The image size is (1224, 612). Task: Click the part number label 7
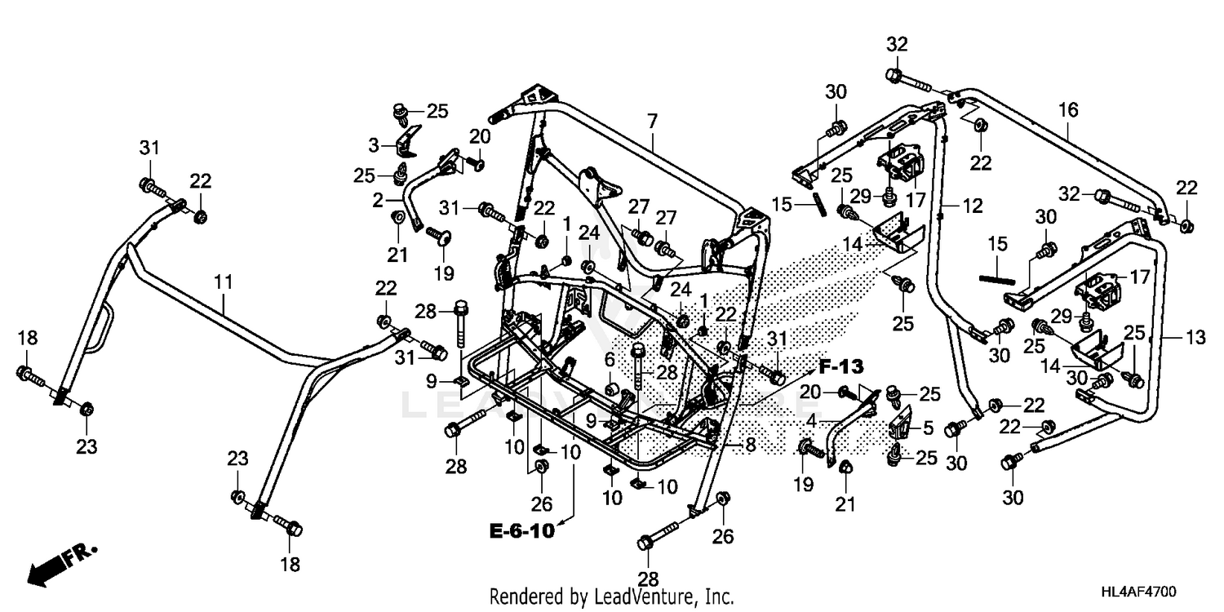[x=651, y=122]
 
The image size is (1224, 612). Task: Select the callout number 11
[x=224, y=282]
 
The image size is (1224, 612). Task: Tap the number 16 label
[x=1068, y=109]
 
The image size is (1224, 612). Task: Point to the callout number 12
[x=972, y=207]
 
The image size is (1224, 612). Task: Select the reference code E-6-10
[x=521, y=531]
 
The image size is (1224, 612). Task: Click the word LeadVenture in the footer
[x=650, y=596]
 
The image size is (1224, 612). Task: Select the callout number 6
[x=609, y=359]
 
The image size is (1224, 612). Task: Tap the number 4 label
[x=811, y=421]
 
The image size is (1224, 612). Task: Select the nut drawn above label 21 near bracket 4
[x=845, y=468]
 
